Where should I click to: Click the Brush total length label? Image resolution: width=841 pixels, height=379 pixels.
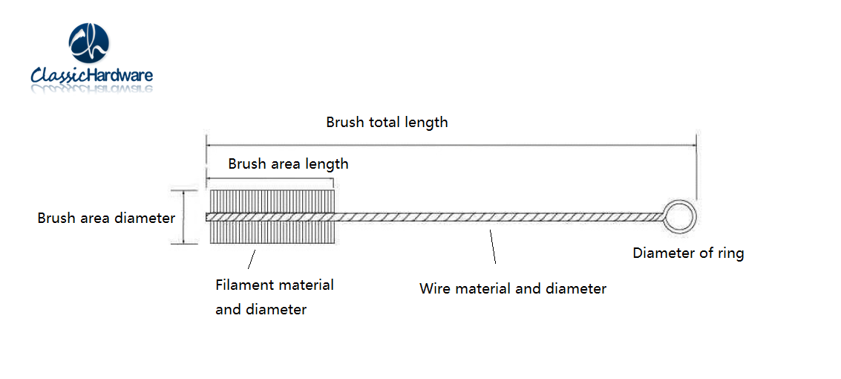[387, 123]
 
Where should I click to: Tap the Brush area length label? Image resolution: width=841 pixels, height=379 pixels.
[288, 163]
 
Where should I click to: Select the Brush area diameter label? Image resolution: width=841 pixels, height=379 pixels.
[106, 218]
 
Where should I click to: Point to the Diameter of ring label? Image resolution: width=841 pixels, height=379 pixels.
[688, 253]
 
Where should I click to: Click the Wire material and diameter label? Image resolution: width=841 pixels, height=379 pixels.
[513, 289]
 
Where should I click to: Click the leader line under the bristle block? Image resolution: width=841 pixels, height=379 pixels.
[250, 259]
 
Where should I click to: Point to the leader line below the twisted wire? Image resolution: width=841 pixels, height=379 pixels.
[491, 247]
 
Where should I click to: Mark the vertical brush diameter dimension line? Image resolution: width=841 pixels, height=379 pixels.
[183, 217]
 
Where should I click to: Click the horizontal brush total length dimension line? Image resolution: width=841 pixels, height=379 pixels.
[451, 146]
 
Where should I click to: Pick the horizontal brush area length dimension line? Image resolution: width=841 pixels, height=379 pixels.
[269, 180]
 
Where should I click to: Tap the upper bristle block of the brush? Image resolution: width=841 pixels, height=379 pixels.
[272, 201]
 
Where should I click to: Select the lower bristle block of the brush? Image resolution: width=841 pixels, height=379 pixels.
[272, 233]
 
